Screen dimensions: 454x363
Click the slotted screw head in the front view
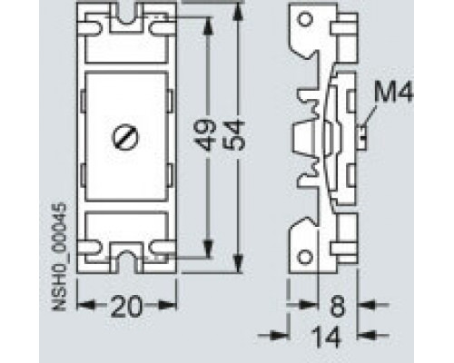(x=125, y=138)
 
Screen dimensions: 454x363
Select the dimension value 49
(x=207, y=135)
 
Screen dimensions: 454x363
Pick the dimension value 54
(x=235, y=135)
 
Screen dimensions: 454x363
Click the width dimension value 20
(x=126, y=306)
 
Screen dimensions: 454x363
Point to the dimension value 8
(x=338, y=306)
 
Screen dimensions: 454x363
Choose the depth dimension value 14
(x=326, y=337)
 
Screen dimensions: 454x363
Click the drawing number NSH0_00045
(x=59, y=257)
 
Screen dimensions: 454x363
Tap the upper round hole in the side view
(x=305, y=19)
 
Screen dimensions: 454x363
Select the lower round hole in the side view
(x=305, y=257)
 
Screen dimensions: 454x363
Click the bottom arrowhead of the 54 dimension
(x=239, y=264)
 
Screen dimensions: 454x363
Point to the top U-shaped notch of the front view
(x=125, y=19)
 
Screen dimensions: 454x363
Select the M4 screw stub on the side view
(x=362, y=136)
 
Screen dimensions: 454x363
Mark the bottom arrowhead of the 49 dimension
(x=208, y=249)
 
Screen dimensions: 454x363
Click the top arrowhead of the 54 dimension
(x=239, y=12)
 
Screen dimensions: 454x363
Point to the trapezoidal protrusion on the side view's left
(x=302, y=138)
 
